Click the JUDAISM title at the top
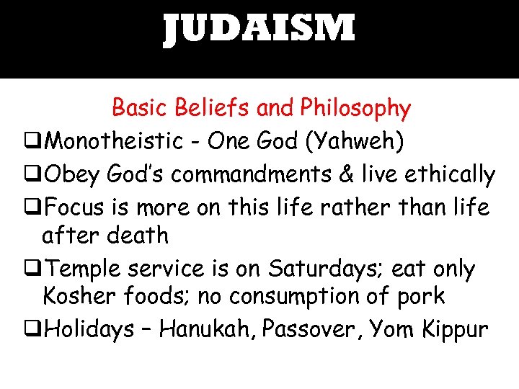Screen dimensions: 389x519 coord(259,30)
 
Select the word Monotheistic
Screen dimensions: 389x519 coord(113,141)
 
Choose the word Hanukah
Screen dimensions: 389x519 coord(206,329)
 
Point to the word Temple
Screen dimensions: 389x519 coord(82,269)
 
